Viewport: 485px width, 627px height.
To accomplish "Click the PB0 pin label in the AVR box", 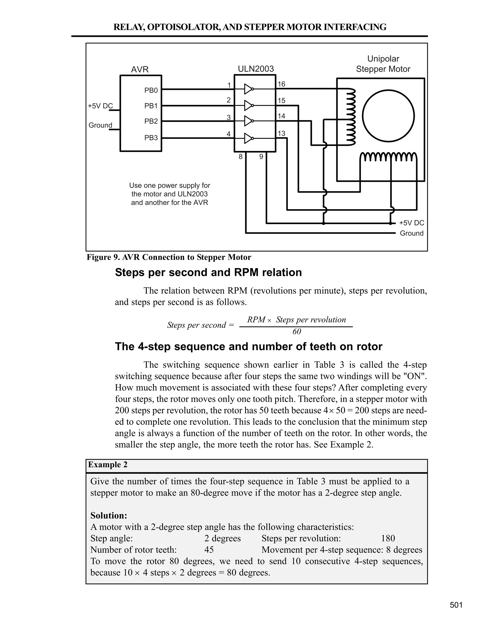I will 151,90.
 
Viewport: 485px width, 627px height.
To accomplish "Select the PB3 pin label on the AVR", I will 151,138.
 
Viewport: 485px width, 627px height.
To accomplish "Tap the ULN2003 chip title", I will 256,69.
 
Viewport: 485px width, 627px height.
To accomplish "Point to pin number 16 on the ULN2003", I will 281,84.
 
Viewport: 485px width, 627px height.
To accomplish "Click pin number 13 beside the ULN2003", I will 281,133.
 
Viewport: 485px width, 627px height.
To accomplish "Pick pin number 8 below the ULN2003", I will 241,157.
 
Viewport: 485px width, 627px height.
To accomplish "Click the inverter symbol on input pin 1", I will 248,89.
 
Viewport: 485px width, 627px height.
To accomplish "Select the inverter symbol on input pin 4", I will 248,138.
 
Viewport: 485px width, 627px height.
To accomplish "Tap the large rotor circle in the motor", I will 388,116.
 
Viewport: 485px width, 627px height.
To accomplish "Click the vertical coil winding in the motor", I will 351,116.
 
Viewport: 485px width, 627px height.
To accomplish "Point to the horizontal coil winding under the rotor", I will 388,157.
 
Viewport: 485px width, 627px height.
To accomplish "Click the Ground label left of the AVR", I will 100,125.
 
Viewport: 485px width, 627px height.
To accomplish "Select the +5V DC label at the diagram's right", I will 411,223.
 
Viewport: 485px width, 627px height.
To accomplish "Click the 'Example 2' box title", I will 108,465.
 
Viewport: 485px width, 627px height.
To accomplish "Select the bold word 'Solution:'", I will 109,516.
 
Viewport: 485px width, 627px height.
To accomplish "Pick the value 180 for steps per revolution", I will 388,538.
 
